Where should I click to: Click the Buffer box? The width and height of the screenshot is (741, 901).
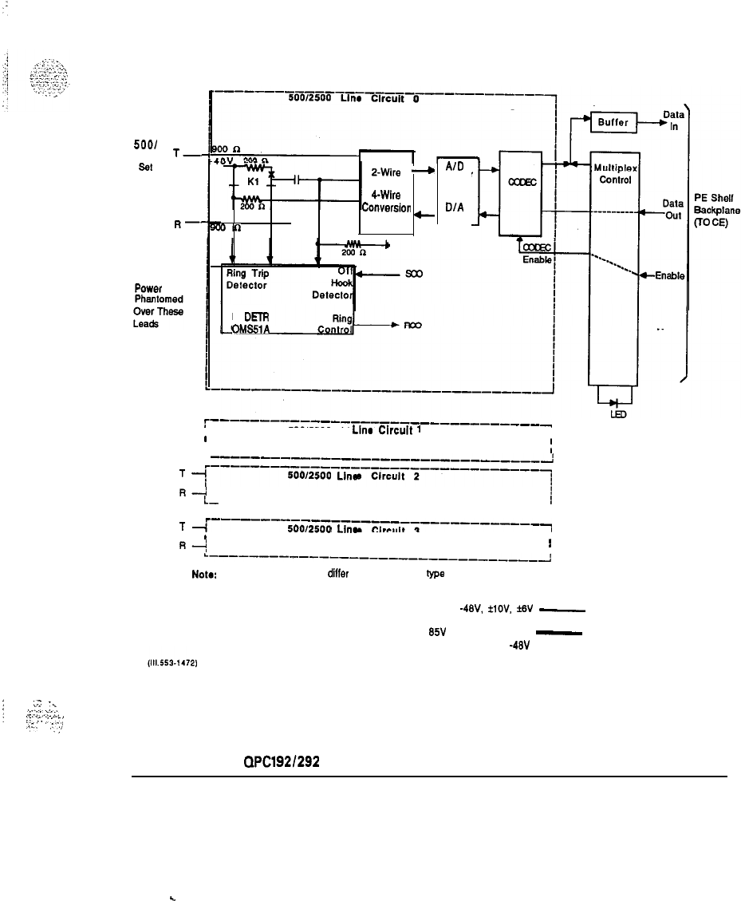tap(613, 124)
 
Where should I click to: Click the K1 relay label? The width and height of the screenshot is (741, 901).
tap(253, 182)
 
